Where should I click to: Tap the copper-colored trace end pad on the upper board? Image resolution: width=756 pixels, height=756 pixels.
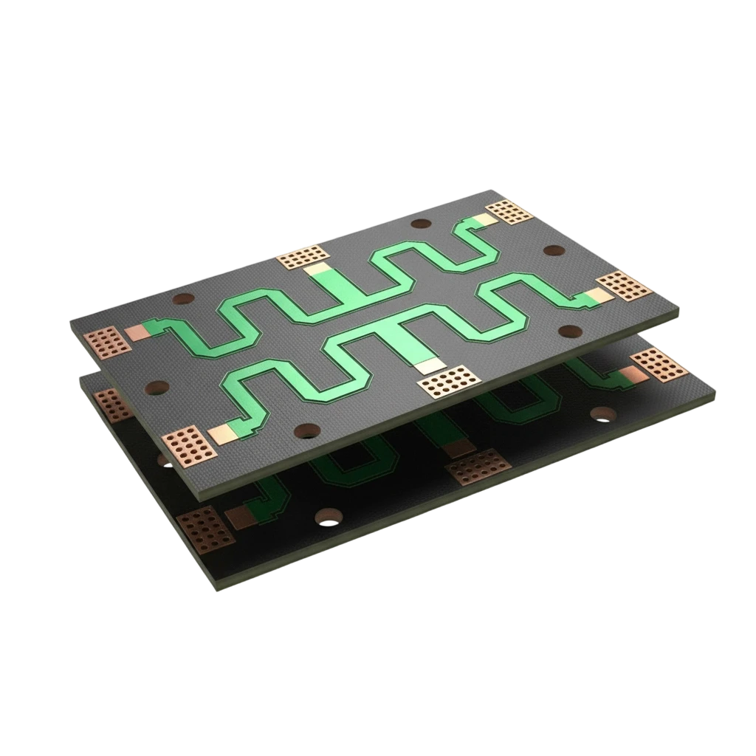tap(138, 332)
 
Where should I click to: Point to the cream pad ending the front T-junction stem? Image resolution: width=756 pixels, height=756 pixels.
tap(427, 365)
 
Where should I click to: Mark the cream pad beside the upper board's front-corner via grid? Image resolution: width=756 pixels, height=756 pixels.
tap(221, 433)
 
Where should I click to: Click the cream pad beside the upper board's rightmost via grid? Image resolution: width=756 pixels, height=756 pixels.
tap(599, 296)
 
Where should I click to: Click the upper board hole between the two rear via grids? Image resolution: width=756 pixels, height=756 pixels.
tap(419, 224)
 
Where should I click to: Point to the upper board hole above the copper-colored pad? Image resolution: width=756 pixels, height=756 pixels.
tap(182, 299)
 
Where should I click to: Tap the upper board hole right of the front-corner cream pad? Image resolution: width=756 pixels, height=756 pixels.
tap(304, 431)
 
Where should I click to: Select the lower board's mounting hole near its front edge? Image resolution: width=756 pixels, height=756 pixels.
tap(326, 517)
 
